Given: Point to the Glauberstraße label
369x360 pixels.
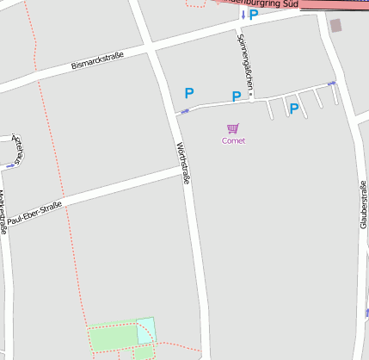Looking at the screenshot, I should coord(364,204).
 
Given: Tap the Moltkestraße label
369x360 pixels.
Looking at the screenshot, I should coord(3,212).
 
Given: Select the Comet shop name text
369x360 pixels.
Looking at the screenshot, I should coord(233,140).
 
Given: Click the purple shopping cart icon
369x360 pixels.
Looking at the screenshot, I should coord(233,128).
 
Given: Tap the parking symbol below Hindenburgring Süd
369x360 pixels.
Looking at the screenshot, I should coord(254,15).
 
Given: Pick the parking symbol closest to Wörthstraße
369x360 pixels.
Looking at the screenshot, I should coord(189,93).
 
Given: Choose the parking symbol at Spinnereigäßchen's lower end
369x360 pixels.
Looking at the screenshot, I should coord(236,96).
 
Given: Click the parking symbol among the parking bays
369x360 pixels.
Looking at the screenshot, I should coord(294,109).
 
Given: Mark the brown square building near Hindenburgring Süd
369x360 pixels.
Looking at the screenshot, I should coord(335,26).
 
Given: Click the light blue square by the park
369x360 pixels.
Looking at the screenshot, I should coord(146,330).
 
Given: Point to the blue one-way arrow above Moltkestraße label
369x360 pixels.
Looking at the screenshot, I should coord(10,164).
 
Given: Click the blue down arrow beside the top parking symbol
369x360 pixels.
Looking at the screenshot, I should coord(243,15).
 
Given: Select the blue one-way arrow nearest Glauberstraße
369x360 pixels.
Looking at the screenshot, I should coord(331,84).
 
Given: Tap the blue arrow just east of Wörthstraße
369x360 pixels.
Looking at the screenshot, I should coord(185,111).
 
